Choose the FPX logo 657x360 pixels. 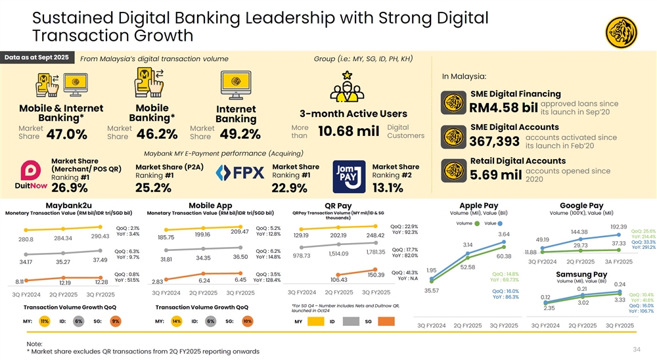pos(240,173)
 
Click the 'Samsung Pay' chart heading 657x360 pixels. pos(581,274)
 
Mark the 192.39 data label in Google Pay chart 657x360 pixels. pos(620,227)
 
